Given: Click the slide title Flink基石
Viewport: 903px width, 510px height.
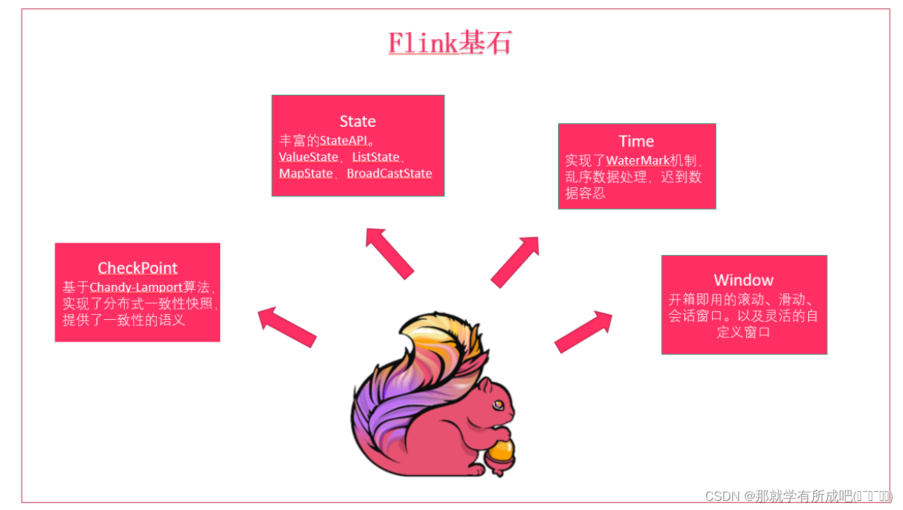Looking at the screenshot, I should (x=450, y=43).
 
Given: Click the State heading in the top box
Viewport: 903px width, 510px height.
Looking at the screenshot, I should (x=357, y=121).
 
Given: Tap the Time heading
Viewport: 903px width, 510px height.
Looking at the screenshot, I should (x=636, y=141).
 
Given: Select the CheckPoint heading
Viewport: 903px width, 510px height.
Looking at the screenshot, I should (x=137, y=268).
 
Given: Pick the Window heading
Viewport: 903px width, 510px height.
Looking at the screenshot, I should (x=743, y=280).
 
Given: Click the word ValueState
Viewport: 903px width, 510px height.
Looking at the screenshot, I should (x=309, y=157).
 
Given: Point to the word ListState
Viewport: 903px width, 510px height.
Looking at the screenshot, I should (x=376, y=157).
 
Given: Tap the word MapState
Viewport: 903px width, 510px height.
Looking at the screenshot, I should (x=306, y=173).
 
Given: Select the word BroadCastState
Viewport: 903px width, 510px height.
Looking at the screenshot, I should (x=389, y=173).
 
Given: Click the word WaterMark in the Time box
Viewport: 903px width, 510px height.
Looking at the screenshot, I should (x=636, y=161).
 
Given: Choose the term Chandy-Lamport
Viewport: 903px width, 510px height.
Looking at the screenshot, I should (x=136, y=287).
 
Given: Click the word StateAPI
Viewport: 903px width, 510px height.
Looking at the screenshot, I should (x=343, y=140).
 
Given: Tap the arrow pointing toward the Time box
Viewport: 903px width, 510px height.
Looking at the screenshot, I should (x=516, y=261).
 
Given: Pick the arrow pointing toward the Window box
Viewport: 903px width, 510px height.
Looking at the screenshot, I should (x=583, y=332).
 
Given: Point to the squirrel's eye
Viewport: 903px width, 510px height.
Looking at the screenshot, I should (x=499, y=404).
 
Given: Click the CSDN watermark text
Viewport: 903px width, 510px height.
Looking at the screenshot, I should (x=798, y=496).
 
